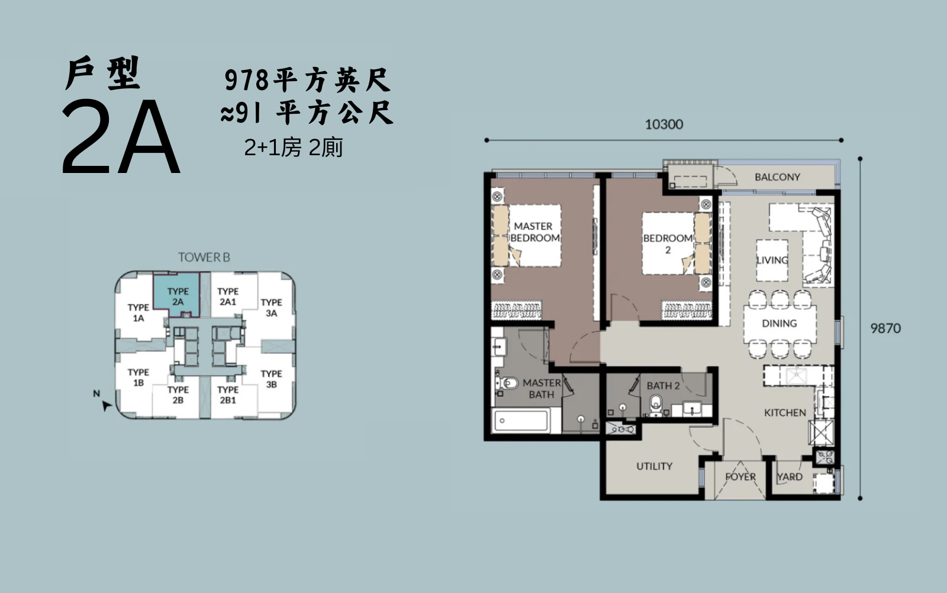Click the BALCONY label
[x=778, y=177]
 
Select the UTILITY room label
[x=654, y=466]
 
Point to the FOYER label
[x=740, y=477]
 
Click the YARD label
[x=790, y=477]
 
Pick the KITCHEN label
[x=785, y=413]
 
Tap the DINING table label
[x=779, y=323]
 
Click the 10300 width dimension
[x=663, y=124]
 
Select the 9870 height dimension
[x=885, y=328]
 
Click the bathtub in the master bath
[x=521, y=420]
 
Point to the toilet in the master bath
[x=507, y=383]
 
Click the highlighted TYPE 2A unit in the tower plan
[x=178, y=297]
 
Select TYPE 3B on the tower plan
[x=271, y=379]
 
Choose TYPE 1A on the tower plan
[x=138, y=312]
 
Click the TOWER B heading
[x=204, y=257]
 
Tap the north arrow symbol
[x=107, y=405]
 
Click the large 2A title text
[x=121, y=137]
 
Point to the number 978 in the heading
[x=246, y=81]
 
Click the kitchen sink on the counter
[x=796, y=376]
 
